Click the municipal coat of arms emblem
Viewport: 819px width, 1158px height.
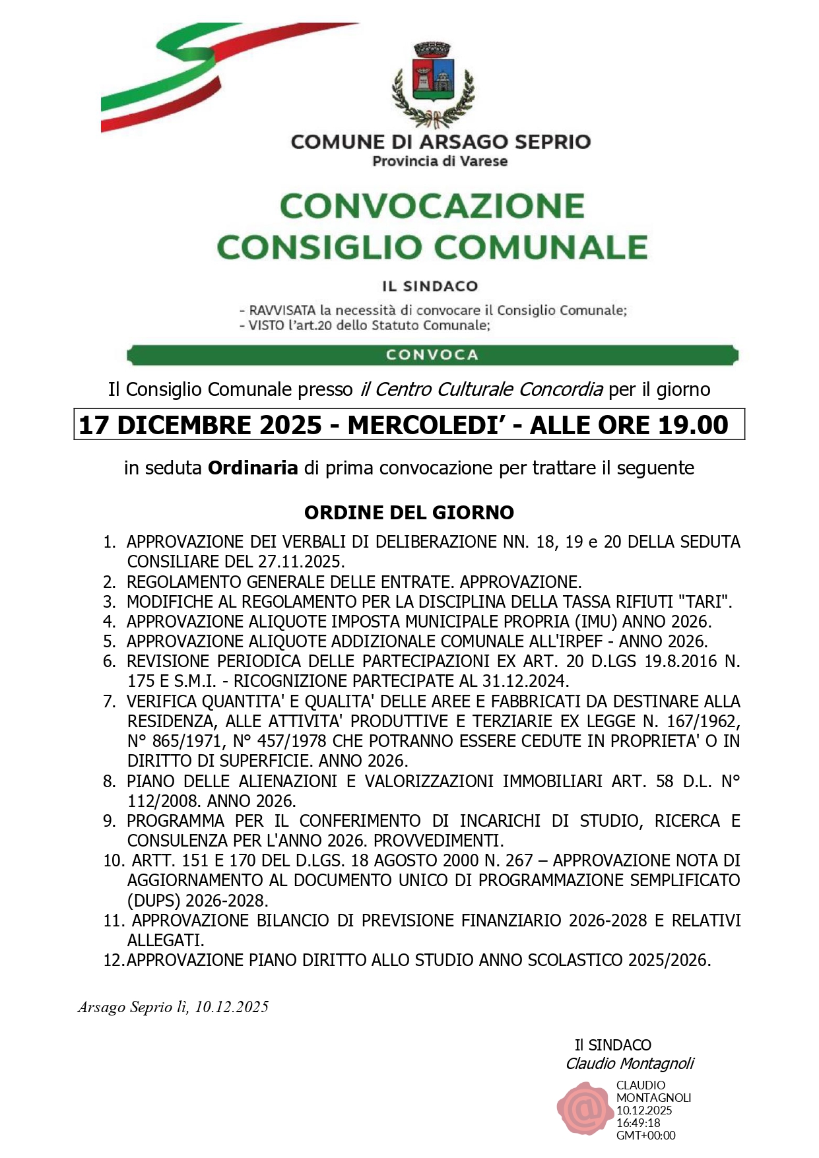coord(432,84)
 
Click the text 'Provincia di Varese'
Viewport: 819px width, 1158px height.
coord(440,161)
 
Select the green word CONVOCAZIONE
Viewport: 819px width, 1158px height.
coord(432,206)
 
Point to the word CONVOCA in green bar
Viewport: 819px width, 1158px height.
coord(432,355)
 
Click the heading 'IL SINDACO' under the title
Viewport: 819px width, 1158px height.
coord(430,286)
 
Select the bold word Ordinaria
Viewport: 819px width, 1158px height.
coord(253,468)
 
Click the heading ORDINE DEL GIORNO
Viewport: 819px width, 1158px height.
coord(409,513)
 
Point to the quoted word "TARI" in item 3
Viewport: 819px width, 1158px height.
coord(704,602)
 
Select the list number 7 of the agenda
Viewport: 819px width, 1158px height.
coord(110,701)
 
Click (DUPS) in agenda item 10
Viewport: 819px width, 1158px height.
coord(154,901)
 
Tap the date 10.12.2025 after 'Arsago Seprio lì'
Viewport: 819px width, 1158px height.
coord(232,1007)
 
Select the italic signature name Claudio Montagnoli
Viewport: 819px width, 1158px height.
coord(630,1064)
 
